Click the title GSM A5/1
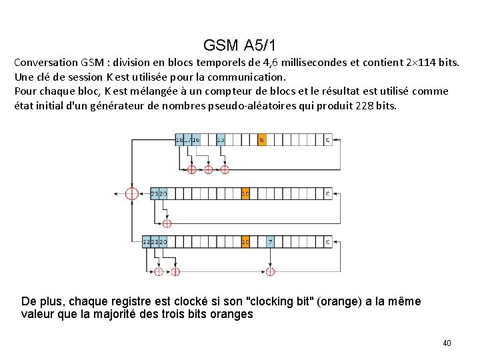240,45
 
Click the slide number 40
447,343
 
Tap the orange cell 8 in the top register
262,140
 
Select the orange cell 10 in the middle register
245,194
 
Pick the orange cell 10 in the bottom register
245,242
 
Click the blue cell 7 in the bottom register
270,242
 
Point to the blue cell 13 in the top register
220,140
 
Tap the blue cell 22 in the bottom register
147,242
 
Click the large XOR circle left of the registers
132,193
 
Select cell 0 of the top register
327,140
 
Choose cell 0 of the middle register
327,194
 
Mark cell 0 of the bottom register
327,242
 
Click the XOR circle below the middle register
167,223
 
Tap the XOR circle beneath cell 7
270,271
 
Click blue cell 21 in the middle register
155,194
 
